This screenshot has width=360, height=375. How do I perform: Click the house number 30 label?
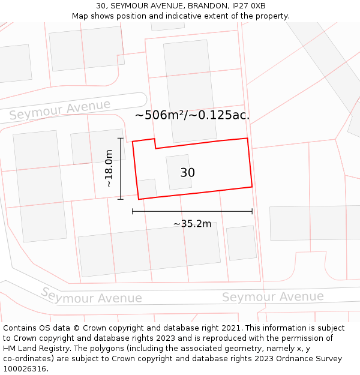(x=187, y=173)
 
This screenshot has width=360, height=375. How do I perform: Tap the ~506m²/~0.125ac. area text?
(x=192, y=115)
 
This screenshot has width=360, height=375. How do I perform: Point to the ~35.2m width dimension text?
(x=192, y=224)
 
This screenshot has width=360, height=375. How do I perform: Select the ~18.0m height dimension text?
(x=109, y=169)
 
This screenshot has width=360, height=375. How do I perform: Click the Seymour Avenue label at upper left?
(x=60, y=110)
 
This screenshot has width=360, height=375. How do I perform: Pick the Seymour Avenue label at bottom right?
(x=272, y=296)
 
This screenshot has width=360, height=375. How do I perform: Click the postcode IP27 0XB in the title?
(x=250, y=6)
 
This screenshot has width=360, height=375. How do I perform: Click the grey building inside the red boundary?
(x=179, y=172)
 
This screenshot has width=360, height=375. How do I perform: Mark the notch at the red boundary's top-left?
(x=155, y=143)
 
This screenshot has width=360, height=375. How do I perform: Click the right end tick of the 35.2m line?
(x=252, y=211)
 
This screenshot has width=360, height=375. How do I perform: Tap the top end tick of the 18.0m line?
(x=121, y=139)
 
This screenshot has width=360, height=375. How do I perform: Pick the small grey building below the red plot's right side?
(x=241, y=243)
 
